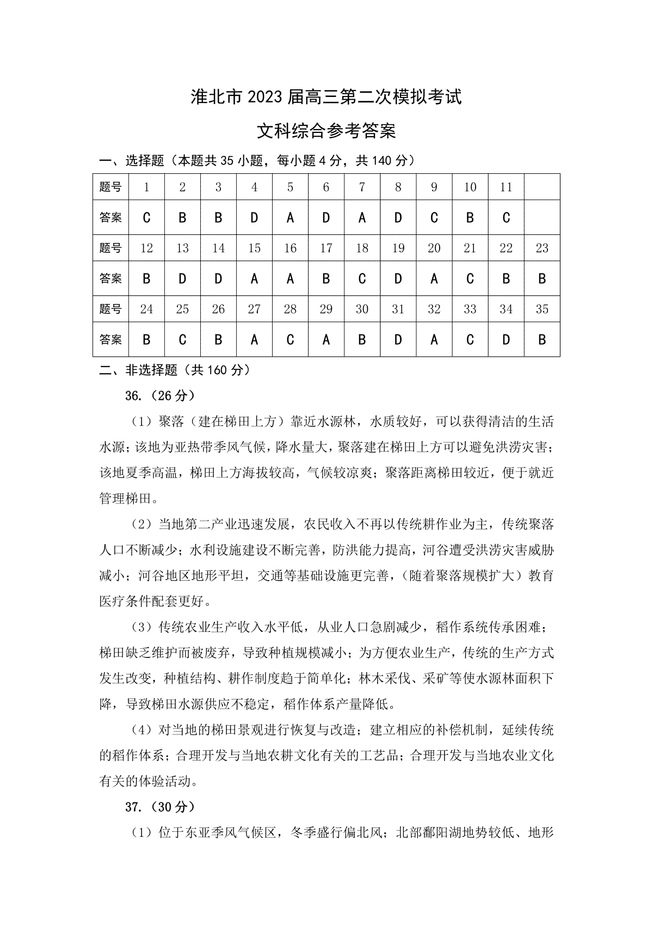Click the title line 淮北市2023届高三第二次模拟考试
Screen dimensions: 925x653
tap(326, 98)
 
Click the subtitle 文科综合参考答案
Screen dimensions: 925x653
tap(326, 131)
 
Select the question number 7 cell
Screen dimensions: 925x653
tap(362, 187)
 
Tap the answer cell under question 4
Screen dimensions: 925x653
tap(254, 217)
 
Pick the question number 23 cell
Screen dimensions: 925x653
tap(542, 248)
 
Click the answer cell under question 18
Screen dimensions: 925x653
tap(362, 278)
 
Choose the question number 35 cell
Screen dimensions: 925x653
tap(542, 309)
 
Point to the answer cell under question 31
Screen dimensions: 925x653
tap(398, 339)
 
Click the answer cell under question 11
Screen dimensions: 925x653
tap(506, 217)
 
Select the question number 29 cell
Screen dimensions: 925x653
tap(326, 309)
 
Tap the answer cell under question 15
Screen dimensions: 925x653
tap(254, 278)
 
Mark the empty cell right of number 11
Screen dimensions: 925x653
tap(542, 187)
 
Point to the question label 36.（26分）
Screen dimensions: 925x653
tap(159, 395)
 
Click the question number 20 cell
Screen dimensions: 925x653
tap(434, 248)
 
